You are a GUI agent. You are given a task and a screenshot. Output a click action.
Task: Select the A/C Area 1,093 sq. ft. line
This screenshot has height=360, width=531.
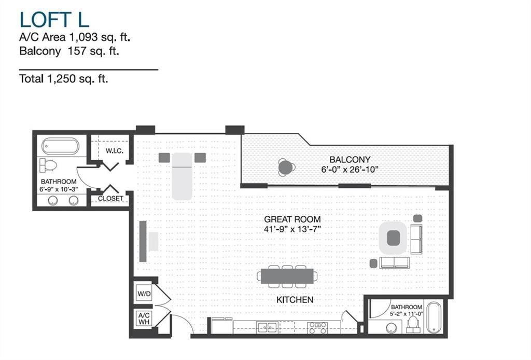click(x=74, y=37)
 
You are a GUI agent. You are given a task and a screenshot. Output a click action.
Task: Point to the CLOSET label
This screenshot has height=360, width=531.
click(x=110, y=199)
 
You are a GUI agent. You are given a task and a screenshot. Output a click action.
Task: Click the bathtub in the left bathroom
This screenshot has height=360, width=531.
click(x=61, y=146)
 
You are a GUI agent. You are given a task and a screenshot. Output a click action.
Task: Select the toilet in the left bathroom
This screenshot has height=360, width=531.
click(x=48, y=165)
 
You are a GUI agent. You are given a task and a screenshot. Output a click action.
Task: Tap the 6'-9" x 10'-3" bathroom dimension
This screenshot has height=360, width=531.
click(x=59, y=189)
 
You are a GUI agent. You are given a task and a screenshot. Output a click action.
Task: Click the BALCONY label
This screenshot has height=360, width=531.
click(x=350, y=160)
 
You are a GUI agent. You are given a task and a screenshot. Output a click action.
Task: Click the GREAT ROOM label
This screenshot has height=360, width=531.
click(x=291, y=219)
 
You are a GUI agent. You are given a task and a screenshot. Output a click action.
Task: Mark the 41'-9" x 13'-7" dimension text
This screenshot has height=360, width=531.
click(x=291, y=228)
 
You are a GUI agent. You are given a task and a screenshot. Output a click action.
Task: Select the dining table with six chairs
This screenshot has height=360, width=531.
click(x=286, y=276)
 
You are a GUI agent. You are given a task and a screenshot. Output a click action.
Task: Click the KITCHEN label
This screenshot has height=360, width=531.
click(x=295, y=300)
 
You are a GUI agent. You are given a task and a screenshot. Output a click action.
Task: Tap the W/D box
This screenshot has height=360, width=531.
click(x=144, y=294)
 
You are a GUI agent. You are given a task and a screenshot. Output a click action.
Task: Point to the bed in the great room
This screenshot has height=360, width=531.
click(x=182, y=175)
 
